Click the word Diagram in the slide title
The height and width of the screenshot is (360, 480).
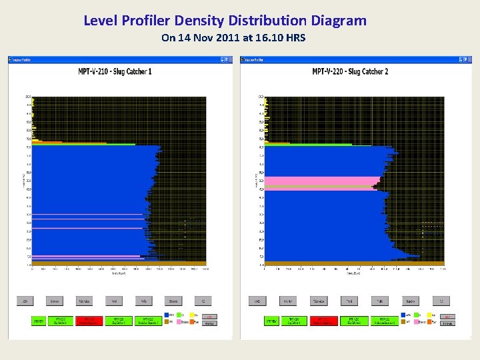(340, 21)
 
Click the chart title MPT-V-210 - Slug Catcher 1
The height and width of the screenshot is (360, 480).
(115, 71)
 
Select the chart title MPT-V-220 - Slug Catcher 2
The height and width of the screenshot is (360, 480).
(350, 71)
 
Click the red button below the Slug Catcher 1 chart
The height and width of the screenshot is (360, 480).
(85, 321)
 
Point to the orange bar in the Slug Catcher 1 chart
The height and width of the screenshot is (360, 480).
(47, 142)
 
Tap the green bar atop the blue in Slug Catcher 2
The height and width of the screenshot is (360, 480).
(307, 144)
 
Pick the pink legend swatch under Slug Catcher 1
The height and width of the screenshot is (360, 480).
(181, 321)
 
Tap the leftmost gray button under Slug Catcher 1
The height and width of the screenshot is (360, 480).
(25, 301)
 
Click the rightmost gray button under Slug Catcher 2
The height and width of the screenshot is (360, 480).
(441, 301)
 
